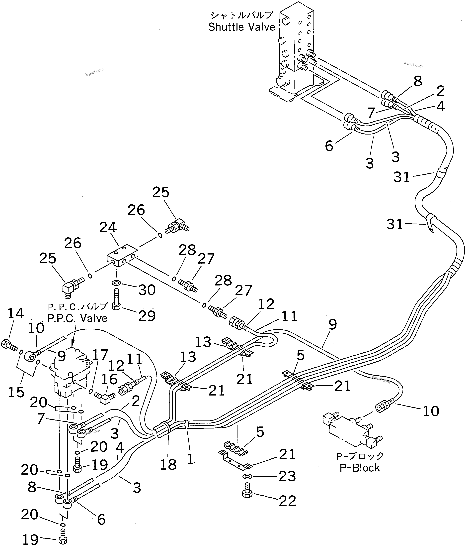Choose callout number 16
click(x=109, y=379)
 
